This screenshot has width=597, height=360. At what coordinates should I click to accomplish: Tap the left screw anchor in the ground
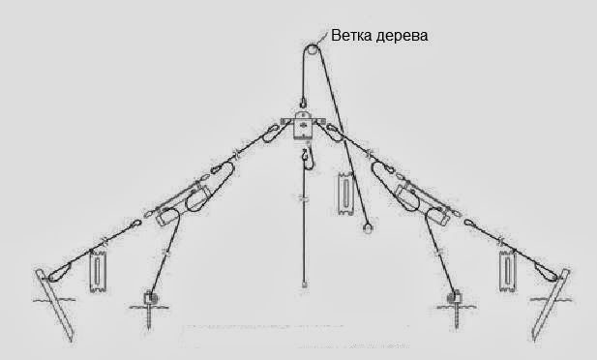click(x=150, y=301)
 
